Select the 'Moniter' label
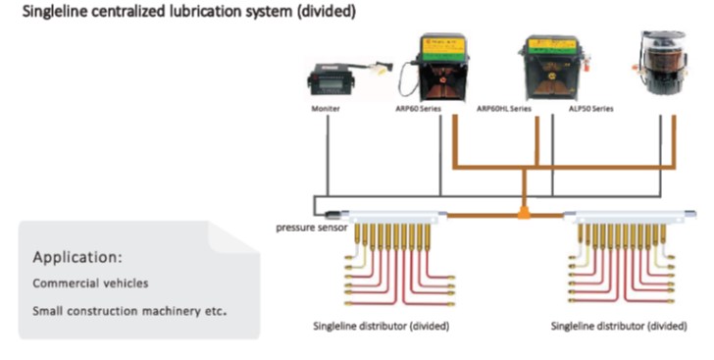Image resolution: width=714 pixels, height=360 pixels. coord(326,110)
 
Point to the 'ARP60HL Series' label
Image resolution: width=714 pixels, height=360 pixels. coord(503,110)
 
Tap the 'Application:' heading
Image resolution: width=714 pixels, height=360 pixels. coord(77,258)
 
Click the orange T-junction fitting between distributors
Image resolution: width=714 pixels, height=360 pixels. coord(525,210)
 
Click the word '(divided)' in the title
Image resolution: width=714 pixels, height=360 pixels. coord(328,12)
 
